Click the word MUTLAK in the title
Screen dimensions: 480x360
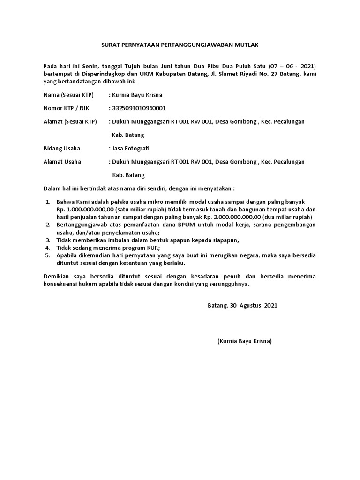247,45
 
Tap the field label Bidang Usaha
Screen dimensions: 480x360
62,148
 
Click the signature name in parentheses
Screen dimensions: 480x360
244,341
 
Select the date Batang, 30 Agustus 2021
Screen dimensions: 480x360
242,305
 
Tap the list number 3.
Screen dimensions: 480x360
47,240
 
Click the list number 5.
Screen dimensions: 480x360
47,255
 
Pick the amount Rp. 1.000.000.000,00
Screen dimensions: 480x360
84,209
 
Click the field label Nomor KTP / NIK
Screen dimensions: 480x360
66,108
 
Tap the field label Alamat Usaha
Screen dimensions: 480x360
62,162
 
